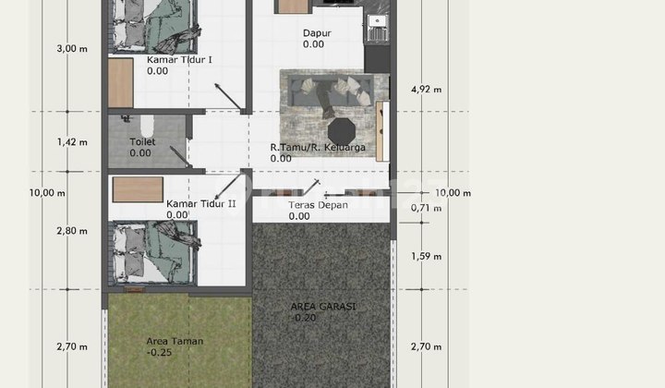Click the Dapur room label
click(x=317, y=33)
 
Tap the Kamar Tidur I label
click(x=179, y=60)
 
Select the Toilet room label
click(x=142, y=142)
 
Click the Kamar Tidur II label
click(x=201, y=204)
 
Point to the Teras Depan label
click(x=318, y=205)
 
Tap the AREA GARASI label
click(x=323, y=307)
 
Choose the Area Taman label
click(x=175, y=342)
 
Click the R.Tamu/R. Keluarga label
click(x=318, y=148)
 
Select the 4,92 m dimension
click(x=426, y=90)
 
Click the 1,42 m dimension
click(x=72, y=142)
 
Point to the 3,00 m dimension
click(x=72, y=49)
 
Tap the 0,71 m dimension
click(x=426, y=208)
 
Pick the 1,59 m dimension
click(x=426, y=257)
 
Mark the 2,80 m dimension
click(x=72, y=231)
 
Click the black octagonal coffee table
click(x=342, y=132)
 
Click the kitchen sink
click(x=377, y=21)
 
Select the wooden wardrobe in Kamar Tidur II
click(x=138, y=189)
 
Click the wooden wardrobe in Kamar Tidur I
click(x=121, y=83)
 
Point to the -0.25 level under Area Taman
click(x=159, y=352)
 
